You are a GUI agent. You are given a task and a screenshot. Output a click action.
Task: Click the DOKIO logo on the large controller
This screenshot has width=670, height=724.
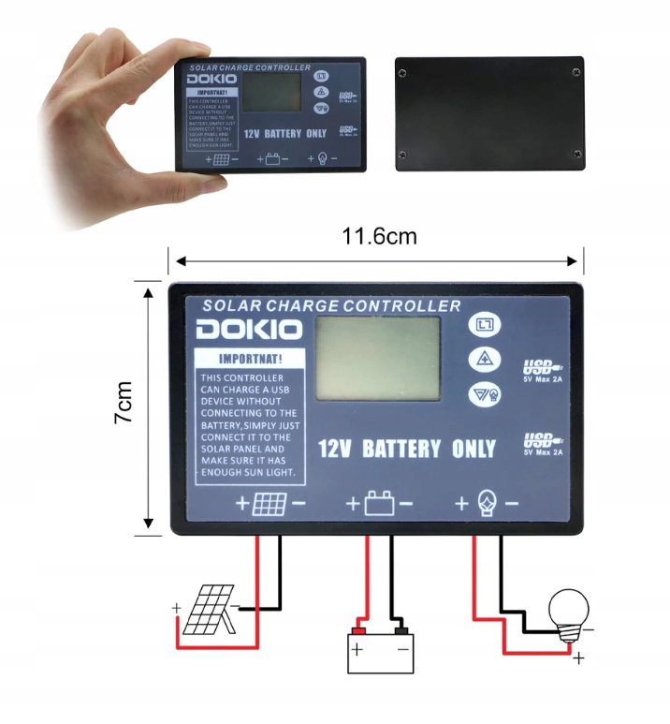[249, 330]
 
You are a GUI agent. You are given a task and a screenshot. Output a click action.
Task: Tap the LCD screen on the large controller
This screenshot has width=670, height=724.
[378, 359]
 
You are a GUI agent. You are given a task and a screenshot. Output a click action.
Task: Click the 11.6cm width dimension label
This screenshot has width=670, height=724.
[379, 236]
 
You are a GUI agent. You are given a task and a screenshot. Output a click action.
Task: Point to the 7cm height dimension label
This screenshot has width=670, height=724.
[124, 403]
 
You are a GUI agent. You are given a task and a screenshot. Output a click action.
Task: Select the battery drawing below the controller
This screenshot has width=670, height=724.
[380, 648]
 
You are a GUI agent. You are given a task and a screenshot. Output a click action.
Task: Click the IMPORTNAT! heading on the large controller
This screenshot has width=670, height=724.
[249, 359]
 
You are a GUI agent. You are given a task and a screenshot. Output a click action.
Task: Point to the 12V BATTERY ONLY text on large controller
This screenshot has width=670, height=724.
[407, 449]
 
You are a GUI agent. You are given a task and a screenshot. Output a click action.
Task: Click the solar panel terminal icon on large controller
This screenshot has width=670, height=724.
[270, 504]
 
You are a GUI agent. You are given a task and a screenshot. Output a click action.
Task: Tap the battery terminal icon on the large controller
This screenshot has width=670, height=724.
[379, 504]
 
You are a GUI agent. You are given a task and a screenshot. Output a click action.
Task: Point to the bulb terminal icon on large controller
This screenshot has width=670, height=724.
[487, 504]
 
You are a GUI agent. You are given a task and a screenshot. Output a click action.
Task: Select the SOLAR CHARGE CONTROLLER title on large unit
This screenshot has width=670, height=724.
[332, 305]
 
